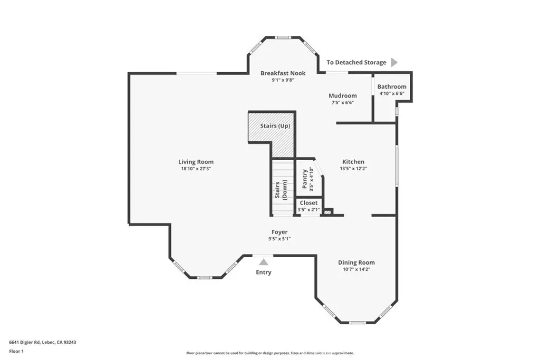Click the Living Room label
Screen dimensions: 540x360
pos(196,162)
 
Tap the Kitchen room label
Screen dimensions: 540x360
pos(353,162)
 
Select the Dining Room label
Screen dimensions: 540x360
pos(356,262)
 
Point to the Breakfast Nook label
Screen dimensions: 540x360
pos(283,73)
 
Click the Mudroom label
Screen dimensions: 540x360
pos(343,96)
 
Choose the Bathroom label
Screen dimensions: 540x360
pos(392,87)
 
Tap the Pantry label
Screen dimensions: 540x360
pos(305,179)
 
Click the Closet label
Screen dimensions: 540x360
pos(308,203)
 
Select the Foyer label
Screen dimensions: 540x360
pos(279,232)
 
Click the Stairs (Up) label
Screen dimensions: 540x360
pos(275,126)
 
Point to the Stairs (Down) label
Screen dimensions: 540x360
pos(281,190)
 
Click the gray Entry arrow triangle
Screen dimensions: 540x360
pos(264,262)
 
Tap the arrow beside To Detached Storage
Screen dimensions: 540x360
pos(394,62)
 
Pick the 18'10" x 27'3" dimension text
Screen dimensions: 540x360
pos(196,169)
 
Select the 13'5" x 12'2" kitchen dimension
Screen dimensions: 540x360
pos(353,169)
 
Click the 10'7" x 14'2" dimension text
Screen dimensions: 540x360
pos(356,269)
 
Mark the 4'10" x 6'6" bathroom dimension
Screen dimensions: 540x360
pos(392,93)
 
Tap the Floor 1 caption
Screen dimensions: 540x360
pos(16,352)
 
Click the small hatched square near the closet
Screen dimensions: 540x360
pos(328,212)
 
